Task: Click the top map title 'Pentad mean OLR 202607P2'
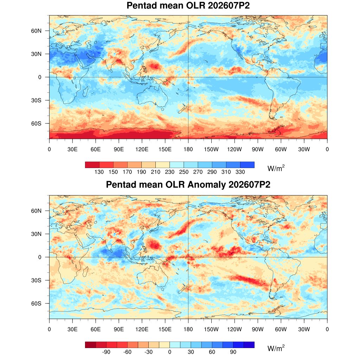coord(188,6)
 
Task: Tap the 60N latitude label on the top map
coord(36,31)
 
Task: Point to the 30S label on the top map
coord(36,100)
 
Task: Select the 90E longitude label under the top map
coord(119,149)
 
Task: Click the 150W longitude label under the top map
coord(211,149)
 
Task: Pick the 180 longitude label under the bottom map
coord(188,329)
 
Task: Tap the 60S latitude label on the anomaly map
coord(36,303)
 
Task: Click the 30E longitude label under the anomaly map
coord(72,329)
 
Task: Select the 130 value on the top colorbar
coord(99,172)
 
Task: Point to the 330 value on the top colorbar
coord(240,172)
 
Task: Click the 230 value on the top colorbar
coord(170,172)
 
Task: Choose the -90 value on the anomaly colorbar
coord(106,352)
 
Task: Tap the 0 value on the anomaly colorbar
coord(170,352)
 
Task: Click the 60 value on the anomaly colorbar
coord(212,352)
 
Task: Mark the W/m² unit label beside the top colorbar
coord(276,168)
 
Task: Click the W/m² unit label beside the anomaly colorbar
coord(276,348)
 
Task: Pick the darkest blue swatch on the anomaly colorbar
coord(249,345)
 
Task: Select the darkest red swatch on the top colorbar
coord(92,165)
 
